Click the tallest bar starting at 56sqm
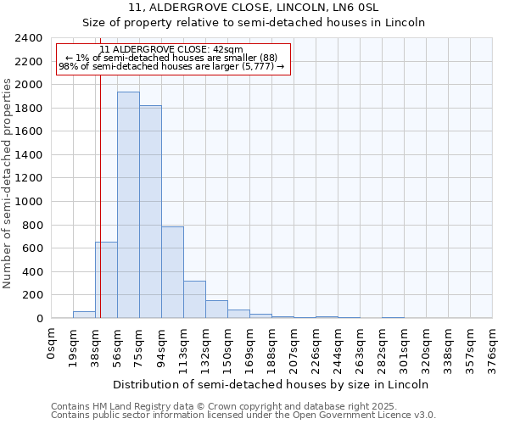tap(128, 205)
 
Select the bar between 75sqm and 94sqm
tap(150, 212)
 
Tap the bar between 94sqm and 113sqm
tap(172, 272)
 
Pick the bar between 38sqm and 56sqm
tap(106, 280)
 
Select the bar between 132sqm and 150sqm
tap(216, 310)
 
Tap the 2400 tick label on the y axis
tap(29, 38)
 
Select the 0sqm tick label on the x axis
tap(52, 344)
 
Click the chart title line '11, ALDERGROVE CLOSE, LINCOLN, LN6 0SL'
tap(260, 8)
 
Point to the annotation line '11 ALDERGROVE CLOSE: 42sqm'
tap(172, 50)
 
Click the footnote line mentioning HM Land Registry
tap(243, 406)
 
